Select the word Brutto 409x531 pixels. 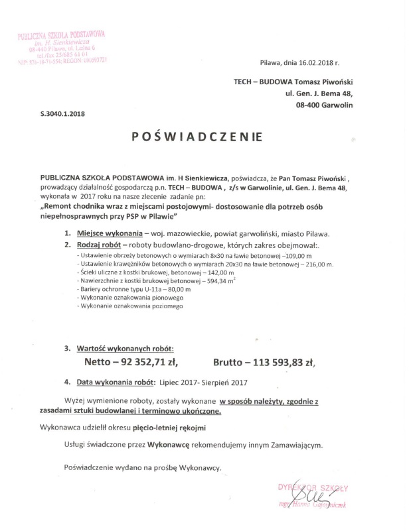[232, 363]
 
